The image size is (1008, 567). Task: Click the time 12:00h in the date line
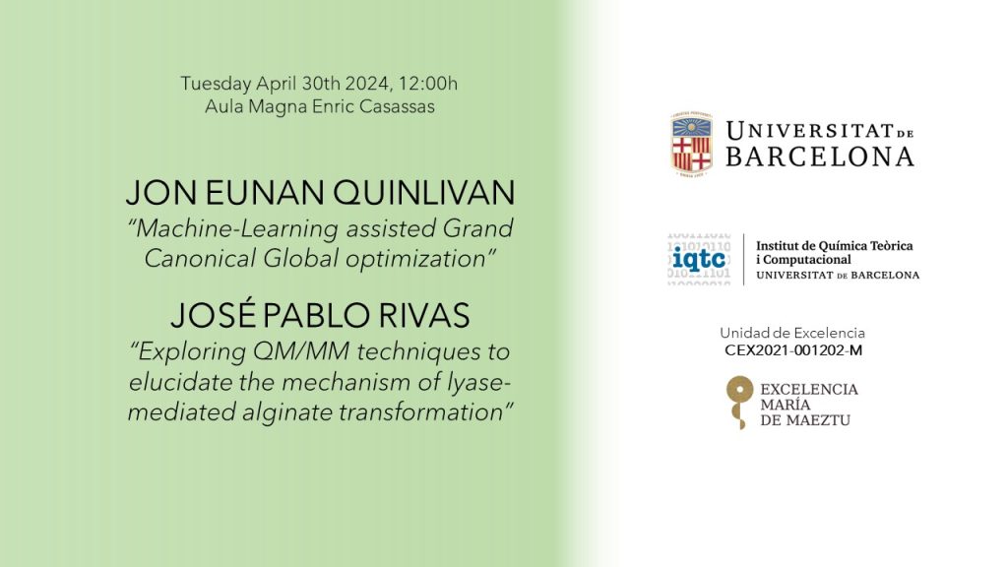coord(427,84)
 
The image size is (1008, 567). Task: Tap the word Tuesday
coord(216,85)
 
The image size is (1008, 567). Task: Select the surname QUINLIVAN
coord(424,193)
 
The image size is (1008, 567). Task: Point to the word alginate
coord(287,412)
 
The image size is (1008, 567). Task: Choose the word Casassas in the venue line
coord(397,106)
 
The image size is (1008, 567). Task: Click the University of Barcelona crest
coord(692,144)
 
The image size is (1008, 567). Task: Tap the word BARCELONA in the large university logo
coord(820,157)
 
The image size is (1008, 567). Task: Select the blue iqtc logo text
coord(699,259)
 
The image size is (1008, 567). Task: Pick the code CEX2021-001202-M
coord(793,350)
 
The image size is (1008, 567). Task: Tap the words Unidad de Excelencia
coord(792,333)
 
